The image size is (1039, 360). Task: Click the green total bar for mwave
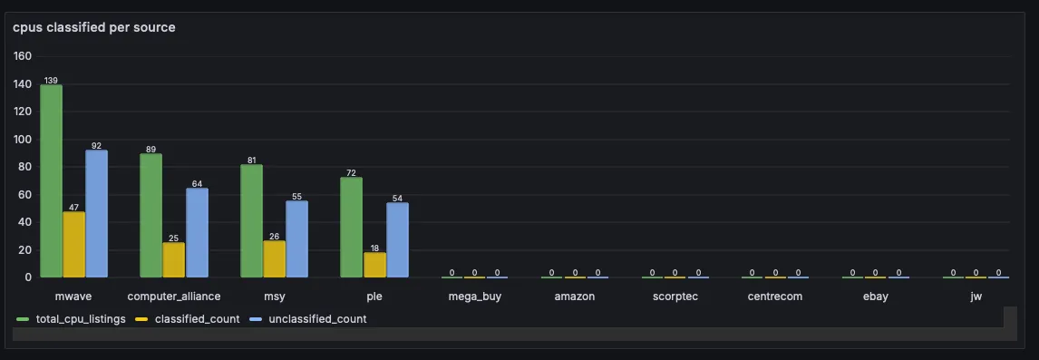51,181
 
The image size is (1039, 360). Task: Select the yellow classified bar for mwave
73,245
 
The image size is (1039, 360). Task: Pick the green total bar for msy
251,221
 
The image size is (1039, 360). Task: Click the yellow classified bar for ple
374,265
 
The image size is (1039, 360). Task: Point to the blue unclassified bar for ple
397,240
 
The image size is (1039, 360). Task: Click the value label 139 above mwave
51,81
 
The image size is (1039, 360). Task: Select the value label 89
151,150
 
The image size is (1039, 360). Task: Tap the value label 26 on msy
274,237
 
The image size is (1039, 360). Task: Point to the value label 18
374,248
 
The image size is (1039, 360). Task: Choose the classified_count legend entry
190,318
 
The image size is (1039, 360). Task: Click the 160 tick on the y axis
23,56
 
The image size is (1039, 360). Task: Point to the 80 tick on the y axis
25,167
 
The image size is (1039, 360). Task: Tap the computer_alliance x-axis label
174,297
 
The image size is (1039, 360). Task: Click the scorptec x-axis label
675,297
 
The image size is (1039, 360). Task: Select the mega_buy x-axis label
474,297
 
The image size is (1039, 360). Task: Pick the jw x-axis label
976,297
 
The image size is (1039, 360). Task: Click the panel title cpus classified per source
94,27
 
